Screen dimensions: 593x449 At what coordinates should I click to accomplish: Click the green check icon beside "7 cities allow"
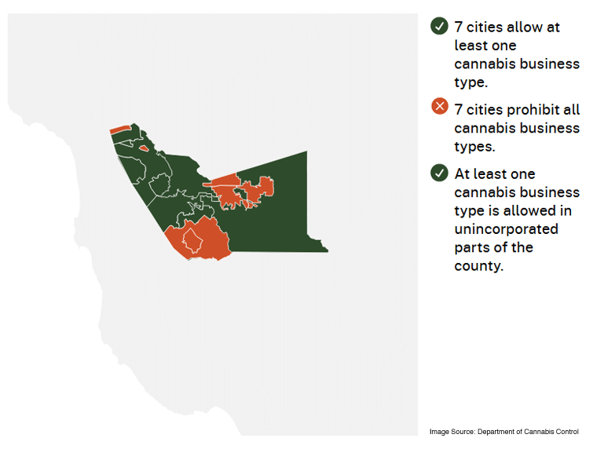click(439, 26)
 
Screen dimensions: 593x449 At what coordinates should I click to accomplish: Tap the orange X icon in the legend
click(440, 106)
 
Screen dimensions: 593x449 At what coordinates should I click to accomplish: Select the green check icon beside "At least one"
click(439, 173)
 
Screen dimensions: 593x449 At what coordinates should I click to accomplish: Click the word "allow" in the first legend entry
click(523, 27)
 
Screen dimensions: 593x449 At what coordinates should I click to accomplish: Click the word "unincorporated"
click(507, 229)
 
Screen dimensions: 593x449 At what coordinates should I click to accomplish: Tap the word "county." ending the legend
click(479, 266)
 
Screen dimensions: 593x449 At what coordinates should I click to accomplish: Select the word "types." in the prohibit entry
click(474, 147)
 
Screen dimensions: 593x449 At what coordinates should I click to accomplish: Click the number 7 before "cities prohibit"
click(459, 110)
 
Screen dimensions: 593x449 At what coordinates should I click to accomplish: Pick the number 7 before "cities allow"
click(459, 27)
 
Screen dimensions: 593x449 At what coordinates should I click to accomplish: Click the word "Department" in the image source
click(496, 432)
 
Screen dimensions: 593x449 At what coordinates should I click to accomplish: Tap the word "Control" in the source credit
click(568, 432)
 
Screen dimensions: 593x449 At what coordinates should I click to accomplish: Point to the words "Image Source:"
click(452, 432)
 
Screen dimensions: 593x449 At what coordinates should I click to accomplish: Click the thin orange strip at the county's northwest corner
click(120, 129)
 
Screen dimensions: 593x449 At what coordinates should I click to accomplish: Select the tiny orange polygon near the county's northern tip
click(144, 148)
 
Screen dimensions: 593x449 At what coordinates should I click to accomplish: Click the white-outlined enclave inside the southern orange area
click(192, 240)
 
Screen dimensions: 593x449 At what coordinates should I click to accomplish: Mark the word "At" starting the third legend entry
click(462, 173)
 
